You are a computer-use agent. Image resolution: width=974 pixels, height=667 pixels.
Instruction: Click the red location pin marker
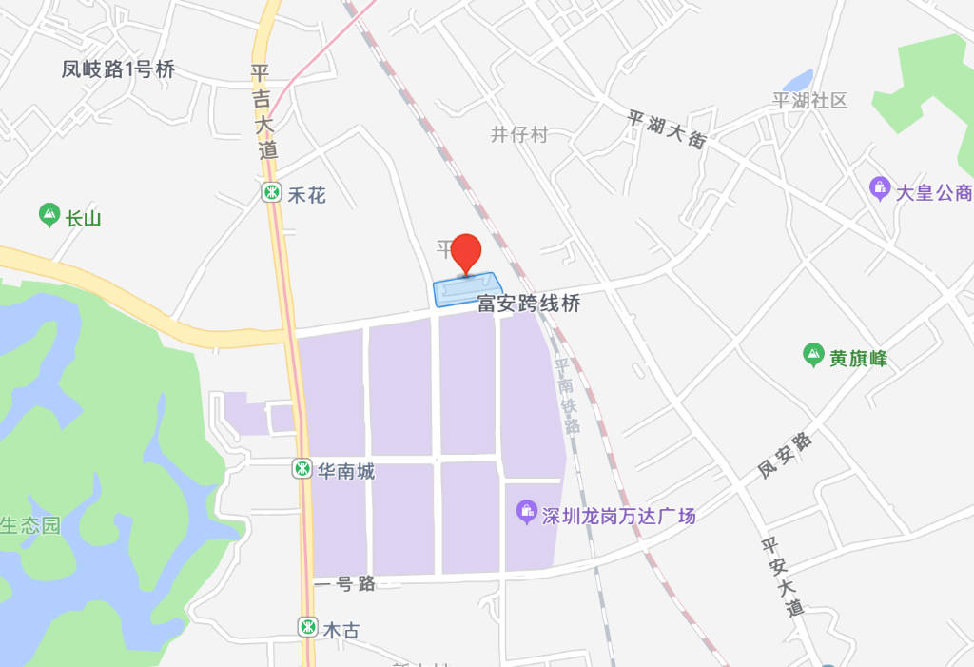coord(466,252)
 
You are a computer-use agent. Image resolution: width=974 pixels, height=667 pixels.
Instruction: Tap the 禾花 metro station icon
coord(273,194)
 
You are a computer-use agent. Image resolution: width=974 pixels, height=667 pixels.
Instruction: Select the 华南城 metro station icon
coord(302,469)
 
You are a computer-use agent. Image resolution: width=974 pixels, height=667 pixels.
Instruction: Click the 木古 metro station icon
coord(307,627)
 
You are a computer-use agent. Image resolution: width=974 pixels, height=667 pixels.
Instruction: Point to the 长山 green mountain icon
coord(49,216)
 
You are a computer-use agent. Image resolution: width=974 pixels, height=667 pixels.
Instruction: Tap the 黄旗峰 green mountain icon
coord(813,356)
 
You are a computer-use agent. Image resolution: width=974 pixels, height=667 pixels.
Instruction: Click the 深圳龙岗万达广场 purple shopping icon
coord(526,515)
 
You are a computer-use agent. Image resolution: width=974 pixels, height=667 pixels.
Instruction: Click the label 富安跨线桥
coord(529,304)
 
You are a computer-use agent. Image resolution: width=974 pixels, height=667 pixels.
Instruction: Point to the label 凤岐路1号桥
coord(119,69)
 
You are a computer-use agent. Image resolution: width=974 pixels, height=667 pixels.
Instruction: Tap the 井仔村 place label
coord(519,134)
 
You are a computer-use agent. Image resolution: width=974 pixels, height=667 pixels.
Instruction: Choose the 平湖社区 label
coord(809,101)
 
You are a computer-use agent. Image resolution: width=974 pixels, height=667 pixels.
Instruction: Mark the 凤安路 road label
coord(786,456)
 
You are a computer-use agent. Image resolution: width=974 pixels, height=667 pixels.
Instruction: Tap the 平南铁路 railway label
coord(567,395)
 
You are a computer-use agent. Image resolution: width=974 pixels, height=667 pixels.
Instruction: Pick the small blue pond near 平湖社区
coord(798,81)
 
